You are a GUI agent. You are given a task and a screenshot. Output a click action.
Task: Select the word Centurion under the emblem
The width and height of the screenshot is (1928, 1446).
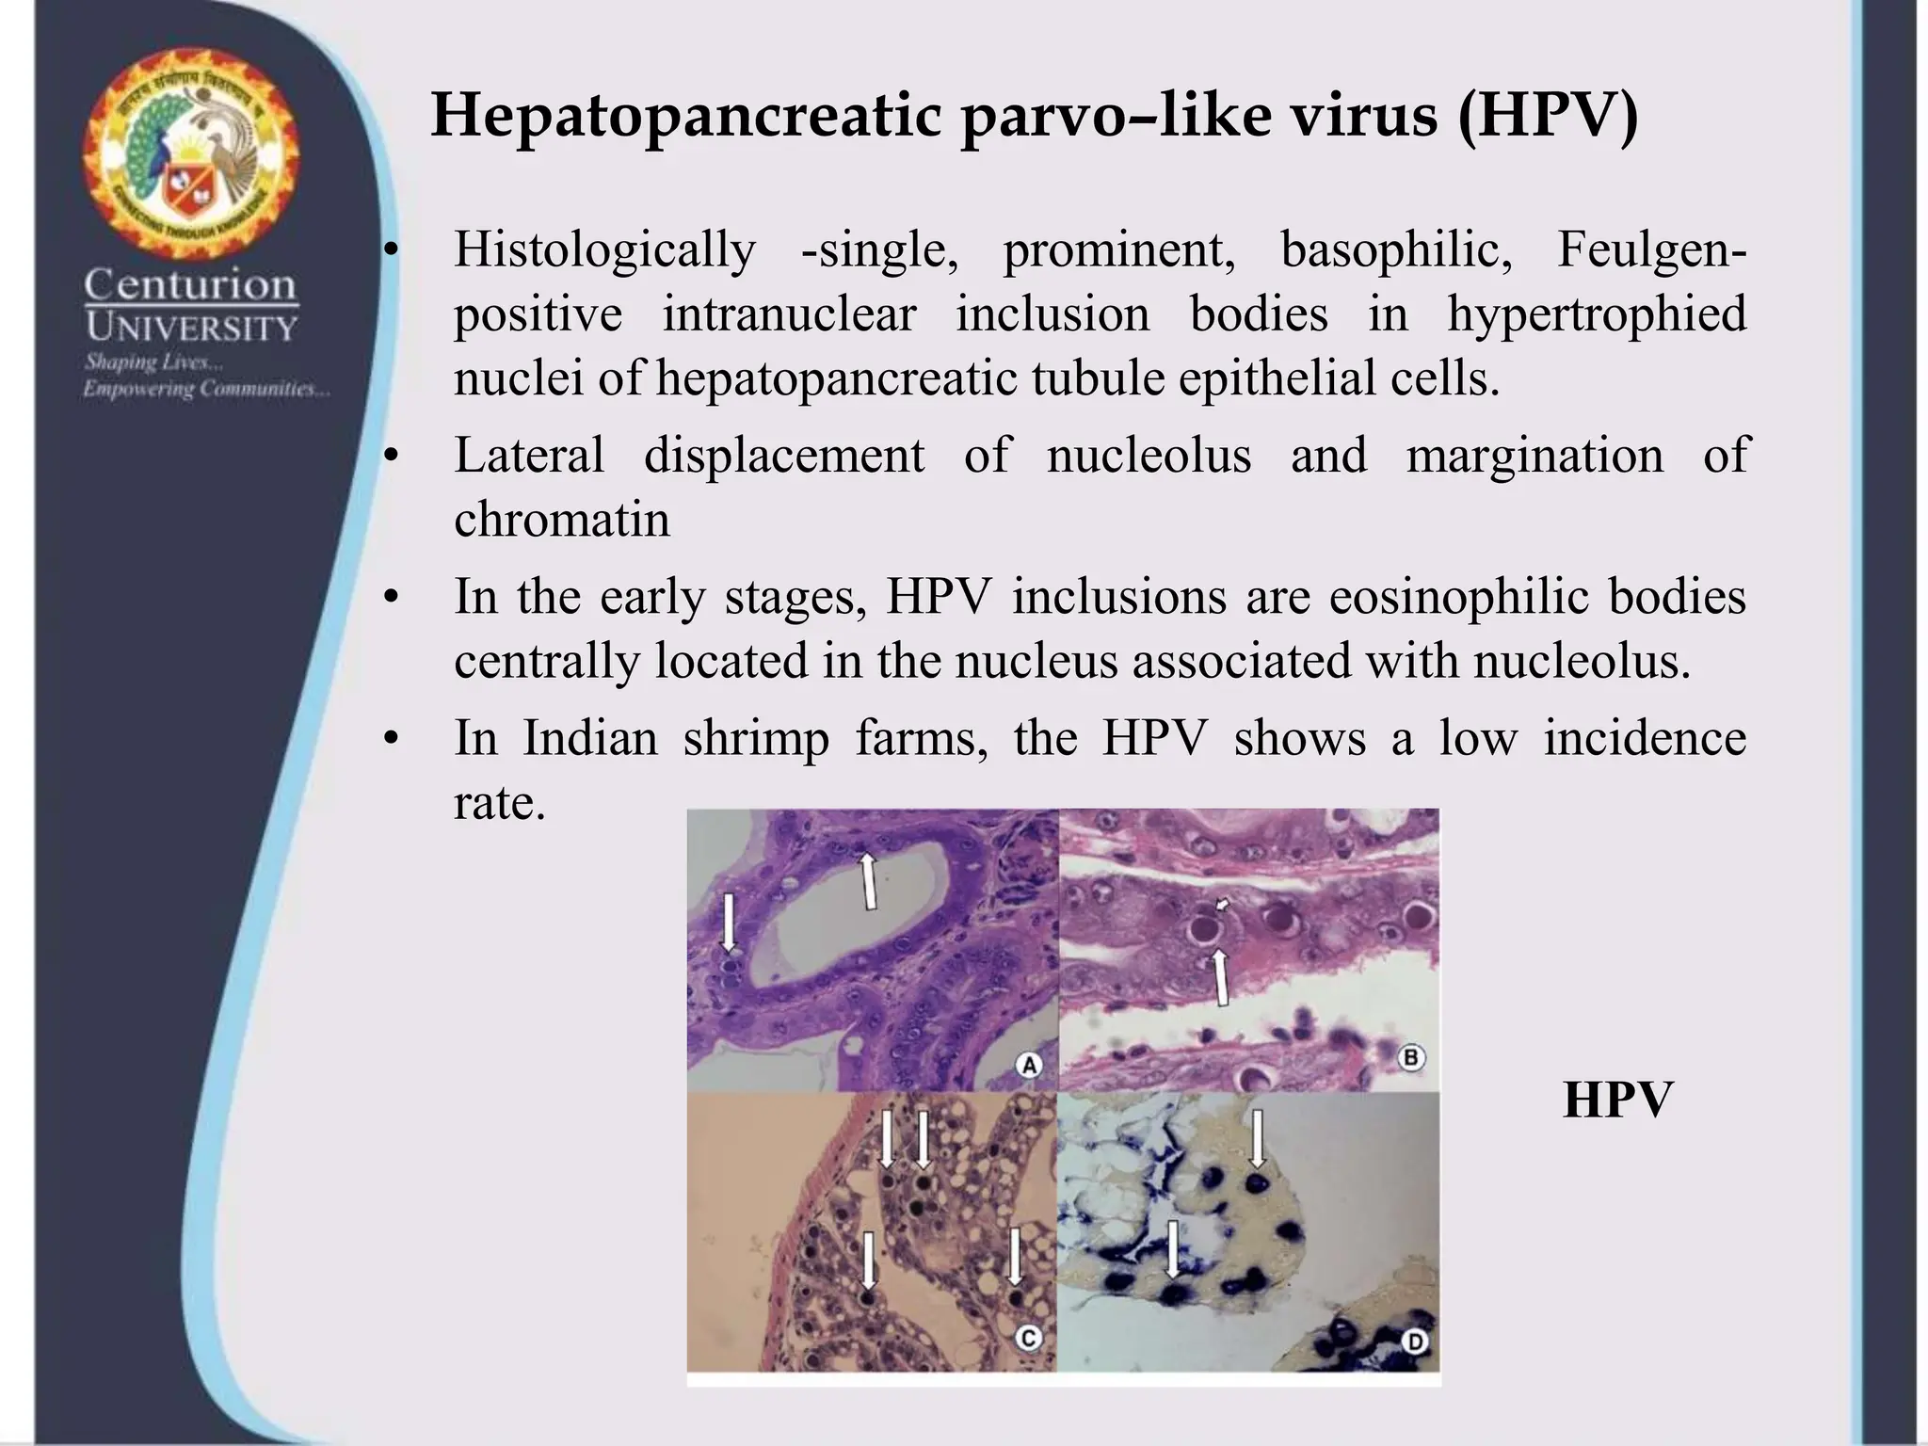(x=190, y=284)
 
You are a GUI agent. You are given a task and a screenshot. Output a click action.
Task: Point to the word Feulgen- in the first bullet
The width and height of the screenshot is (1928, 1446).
(x=1651, y=250)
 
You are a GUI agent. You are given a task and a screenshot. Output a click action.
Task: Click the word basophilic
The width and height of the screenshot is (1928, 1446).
(x=1396, y=250)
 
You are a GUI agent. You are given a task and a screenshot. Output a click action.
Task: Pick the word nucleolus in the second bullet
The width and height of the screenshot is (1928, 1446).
(x=1149, y=456)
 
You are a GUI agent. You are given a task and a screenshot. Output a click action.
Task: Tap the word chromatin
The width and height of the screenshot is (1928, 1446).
(x=562, y=520)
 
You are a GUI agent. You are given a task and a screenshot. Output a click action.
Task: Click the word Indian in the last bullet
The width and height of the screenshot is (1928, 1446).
(x=590, y=737)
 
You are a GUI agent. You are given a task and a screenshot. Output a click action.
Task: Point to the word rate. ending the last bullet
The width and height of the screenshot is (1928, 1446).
(x=500, y=803)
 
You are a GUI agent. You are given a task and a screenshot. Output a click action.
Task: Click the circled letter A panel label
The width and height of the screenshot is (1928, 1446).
(x=1029, y=1066)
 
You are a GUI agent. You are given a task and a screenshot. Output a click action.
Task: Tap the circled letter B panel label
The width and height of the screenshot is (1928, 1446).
(x=1410, y=1058)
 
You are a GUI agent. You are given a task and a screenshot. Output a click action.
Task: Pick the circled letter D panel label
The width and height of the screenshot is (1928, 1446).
(x=1415, y=1341)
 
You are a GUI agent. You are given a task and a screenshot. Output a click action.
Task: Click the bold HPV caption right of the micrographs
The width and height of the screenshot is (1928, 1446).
(x=1617, y=1100)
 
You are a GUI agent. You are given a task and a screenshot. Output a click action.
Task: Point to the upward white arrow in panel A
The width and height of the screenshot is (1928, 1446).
(x=869, y=879)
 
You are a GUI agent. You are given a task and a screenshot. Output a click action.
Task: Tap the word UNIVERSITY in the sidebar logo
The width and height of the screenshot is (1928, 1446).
(x=191, y=329)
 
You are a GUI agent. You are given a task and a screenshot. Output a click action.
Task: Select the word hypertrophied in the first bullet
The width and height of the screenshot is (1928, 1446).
(x=1597, y=314)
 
